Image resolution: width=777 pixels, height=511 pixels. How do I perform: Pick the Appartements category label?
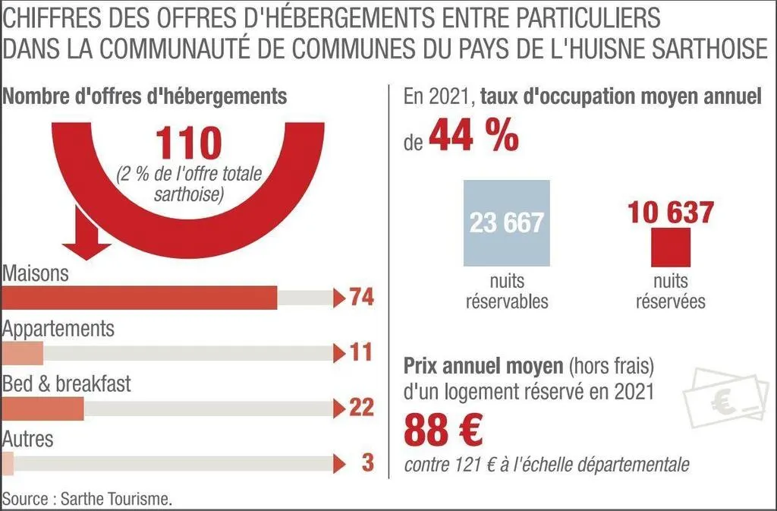[x=58, y=330]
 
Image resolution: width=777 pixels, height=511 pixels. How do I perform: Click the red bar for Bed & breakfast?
[x=43, y=408]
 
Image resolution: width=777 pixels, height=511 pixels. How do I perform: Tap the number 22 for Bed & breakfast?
[x=362, y=408]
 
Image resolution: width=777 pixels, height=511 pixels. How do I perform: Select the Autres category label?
[x=28, y=438]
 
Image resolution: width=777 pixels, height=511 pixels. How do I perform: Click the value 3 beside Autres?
[x=367, y=462]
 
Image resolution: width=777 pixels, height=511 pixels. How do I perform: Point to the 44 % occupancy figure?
[x=473, y=137]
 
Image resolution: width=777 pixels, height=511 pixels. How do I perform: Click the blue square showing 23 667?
[x=506, y=222]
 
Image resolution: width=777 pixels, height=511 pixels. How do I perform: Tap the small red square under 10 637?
[x=671, y=248]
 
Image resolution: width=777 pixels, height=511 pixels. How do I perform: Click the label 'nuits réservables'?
[x=506, y=292]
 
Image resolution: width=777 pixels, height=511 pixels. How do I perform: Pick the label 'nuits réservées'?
[x=671, y=292]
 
